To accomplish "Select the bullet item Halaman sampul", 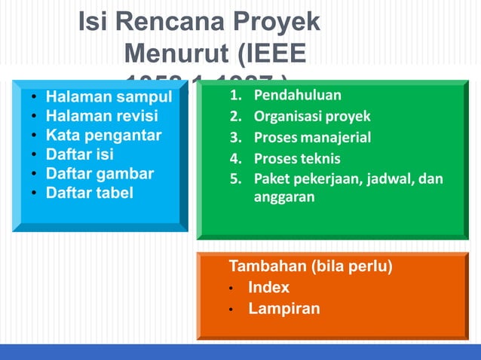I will click(x=109, y=97).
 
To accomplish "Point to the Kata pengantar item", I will click(x=103, y=136).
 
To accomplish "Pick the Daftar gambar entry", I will click(x=100, y=173).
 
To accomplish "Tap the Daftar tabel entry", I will click(x=89, y=193).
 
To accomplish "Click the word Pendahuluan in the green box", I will click(x=297, y=96).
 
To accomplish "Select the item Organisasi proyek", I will click(x=311, y=117).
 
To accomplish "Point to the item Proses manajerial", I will click(x=312, y=138).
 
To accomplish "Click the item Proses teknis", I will click(x=296, y=159).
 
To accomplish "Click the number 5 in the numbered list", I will click(x=234, y=179).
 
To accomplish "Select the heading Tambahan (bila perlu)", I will click(x=310, y=267).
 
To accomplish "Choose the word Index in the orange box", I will click(x=268, y=288).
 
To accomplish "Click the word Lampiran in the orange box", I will click(x=283, y=309).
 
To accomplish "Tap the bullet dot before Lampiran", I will click(x=233, y=310).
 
